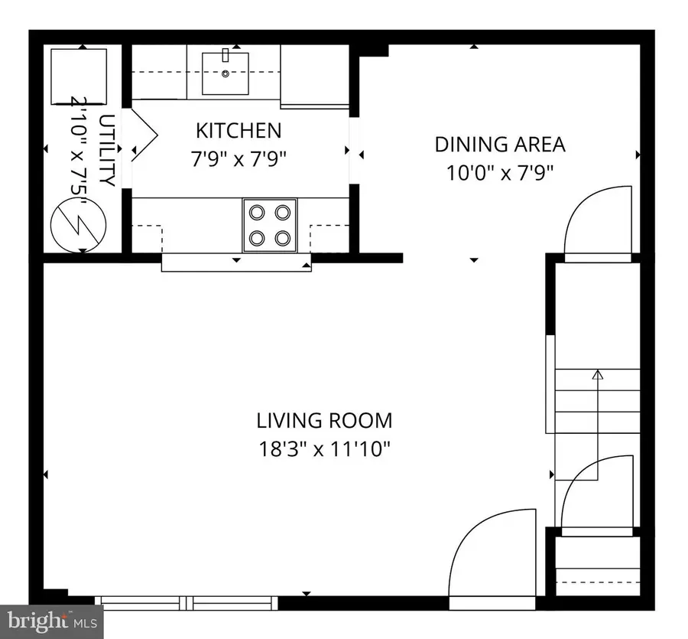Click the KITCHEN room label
point(239,130)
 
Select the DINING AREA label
point(499,144)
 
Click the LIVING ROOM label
point(324,420)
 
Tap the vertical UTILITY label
point(106,151)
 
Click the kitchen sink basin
point(226,73)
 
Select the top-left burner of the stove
point(255,212)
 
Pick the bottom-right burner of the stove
point(284,238)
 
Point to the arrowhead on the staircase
point(598,375)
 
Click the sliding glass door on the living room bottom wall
point(191,601)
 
